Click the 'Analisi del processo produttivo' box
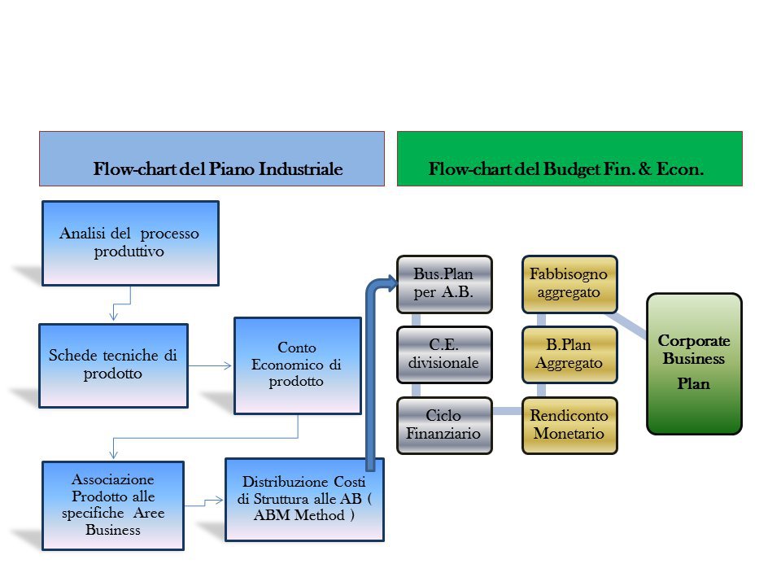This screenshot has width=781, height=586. click(130, 243)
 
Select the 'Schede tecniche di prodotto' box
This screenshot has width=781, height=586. click(113, 365)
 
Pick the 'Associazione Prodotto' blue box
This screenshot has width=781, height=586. click(113, 505)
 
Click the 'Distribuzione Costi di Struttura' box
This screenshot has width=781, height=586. click(303, 499)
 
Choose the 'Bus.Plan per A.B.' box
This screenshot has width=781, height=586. click(444, 284)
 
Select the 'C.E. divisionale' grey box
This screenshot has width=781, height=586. click(444, 355)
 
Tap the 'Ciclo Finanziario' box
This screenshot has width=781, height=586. click(444, 425)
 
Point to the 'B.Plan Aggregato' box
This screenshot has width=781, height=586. click(569, 355)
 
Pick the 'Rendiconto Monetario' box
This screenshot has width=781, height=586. click(569, 425)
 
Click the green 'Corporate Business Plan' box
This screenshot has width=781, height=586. click(694, 363)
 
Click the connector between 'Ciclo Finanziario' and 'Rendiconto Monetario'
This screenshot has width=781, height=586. click(506, 411)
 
